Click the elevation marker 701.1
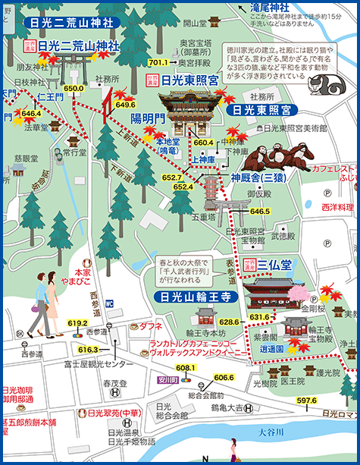158,62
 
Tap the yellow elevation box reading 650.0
74,89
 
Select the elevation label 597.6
306,400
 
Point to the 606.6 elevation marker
223,377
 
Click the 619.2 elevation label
77,323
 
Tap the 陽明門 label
147,118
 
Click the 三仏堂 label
274,265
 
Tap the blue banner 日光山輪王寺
191,296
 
